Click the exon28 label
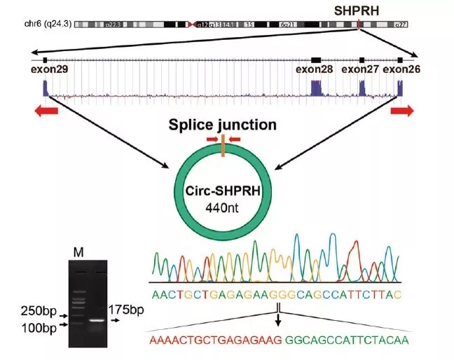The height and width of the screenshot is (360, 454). (313, 69)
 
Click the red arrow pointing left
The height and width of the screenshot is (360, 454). (47, 111)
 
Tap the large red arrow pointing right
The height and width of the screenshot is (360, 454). (403, 111)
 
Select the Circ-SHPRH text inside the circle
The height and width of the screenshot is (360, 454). (221, 191)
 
